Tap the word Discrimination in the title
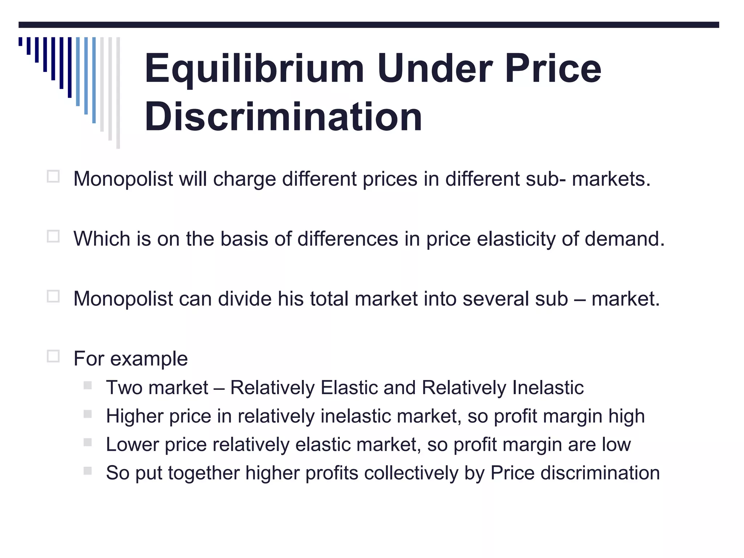283,117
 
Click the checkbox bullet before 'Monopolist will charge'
53,177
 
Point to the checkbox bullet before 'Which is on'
53,236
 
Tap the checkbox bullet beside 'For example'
53,356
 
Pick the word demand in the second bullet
624,239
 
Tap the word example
149,359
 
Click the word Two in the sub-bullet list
124,387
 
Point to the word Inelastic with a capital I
548,387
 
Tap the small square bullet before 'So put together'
88,471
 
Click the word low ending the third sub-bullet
616,444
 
